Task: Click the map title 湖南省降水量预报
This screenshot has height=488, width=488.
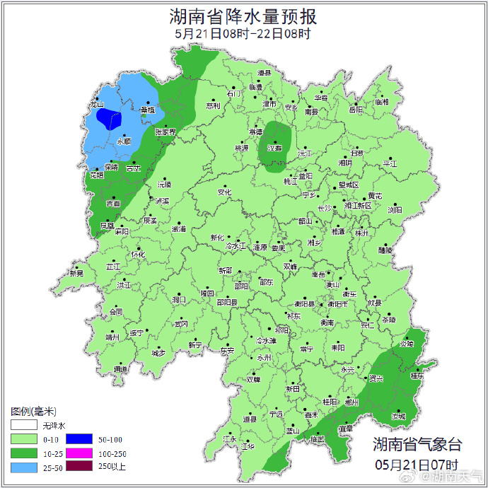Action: coord(243,16)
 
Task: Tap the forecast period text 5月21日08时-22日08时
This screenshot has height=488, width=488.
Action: coord(243,33)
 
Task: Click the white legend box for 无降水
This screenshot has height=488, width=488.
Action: coord(23,426)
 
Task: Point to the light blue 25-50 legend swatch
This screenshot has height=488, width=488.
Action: coord(23,466)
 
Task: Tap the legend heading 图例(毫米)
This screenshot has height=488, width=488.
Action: coord(34,412)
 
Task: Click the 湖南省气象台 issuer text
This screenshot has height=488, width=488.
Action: coord(418,445)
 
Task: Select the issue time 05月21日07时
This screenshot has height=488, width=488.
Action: coord(418,465)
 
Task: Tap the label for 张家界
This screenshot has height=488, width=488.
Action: coord(165,132)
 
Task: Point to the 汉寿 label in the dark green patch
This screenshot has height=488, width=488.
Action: coord(273,148)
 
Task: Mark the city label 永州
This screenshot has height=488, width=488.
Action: coord(264,359)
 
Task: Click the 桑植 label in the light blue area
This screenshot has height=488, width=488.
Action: coord(147,110)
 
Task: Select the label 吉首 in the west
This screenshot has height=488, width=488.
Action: coord(113,204)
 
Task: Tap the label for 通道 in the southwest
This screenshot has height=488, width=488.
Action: coord(121,369)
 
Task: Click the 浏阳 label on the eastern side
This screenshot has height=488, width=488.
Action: coord(395,210)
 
